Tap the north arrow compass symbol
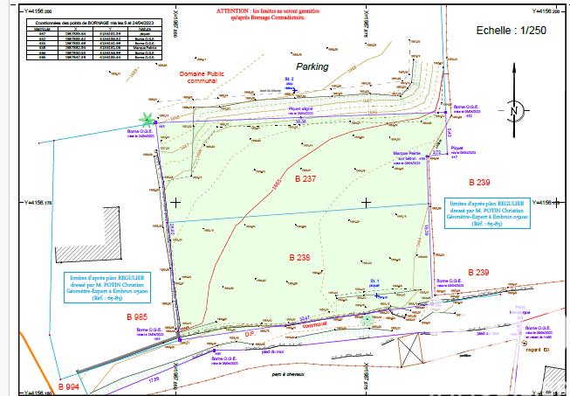tap(514, 111)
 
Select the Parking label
tap(312, 66)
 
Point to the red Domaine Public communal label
tap(201, 80)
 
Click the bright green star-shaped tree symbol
tap(147, 119)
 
